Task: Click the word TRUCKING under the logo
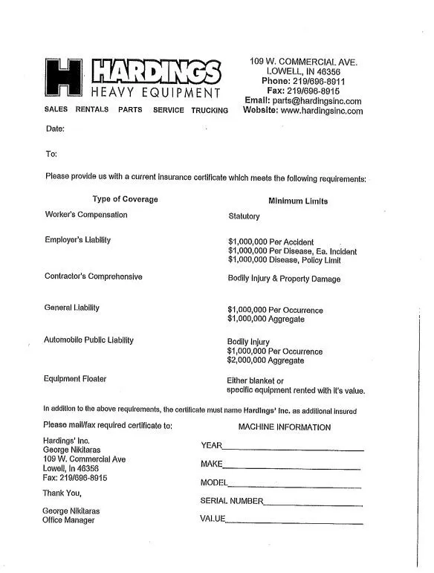tap(210, 110)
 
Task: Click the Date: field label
tap(55, 129)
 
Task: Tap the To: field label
tap(51, 154)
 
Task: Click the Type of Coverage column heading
tap(125, 199)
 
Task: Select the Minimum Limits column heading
tap(298, 201)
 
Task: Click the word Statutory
tap(244, 216)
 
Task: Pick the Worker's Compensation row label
tap(86, 215)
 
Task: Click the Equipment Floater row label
tap(74, 379)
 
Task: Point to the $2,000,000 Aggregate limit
tap(265, 360)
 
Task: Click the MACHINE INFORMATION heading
tap(285, 427)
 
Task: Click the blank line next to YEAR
tap(293, 449)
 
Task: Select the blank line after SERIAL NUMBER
tap(313, 504)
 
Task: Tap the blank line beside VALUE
tap(294, 522)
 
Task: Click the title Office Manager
tap(68, 520)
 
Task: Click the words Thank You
tap(62, 493)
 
